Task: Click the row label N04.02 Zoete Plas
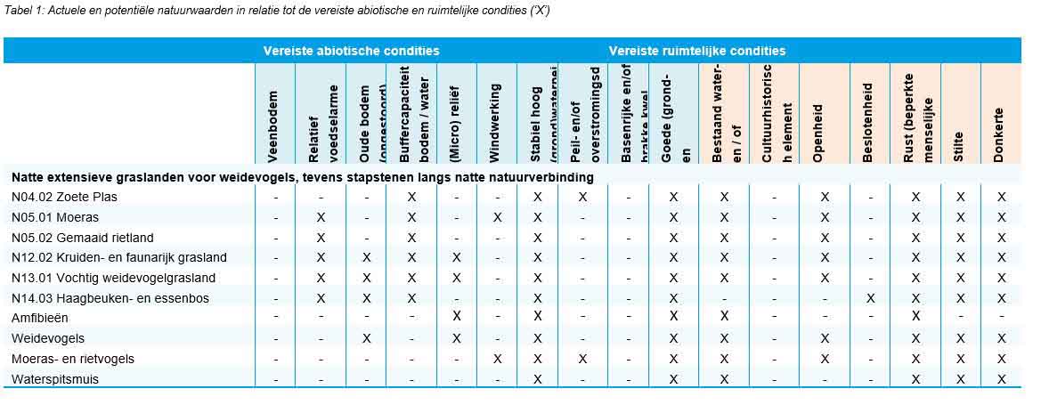pyautogui.click(x=64, y=197)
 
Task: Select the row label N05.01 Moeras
pyautogui.click(x=55, y=217)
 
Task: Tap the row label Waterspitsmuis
pyautogui.click(x=55, y=379)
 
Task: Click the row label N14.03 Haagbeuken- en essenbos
pyautogui.click(x=110, y=298)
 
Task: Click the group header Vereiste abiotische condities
pyautogui.click(x=351, y=52)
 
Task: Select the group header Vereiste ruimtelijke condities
pyautogui.click(x=697, y=52)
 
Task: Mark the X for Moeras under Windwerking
pyautogui.click(x=498, y=217)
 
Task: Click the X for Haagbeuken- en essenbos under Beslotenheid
pyautogui.click(x=870, y=298)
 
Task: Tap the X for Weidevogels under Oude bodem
pyautogui.click(x=366, y=338)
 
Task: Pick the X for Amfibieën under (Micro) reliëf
pyautogui.click(x=457, y=318)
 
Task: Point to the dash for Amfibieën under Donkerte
pyautogui.click(x=1002, y=318)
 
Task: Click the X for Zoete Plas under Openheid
pyautogui.click(x=825, y=197)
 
